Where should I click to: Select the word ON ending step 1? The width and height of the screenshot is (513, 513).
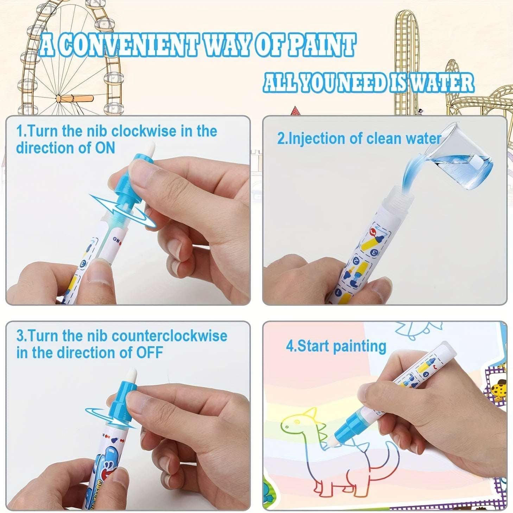[x=105, y=148]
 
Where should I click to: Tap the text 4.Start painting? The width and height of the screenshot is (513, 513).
[x=336, y=346]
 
